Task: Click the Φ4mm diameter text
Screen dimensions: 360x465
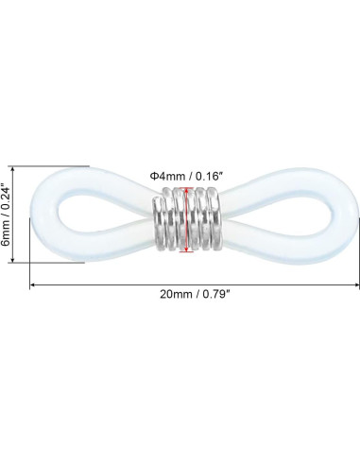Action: coord(167,177)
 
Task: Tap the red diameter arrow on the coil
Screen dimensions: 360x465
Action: coord(187,220)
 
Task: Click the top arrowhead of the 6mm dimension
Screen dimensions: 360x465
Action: coord(12,170)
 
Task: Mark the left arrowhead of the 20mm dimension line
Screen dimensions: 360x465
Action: coord(33,285)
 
